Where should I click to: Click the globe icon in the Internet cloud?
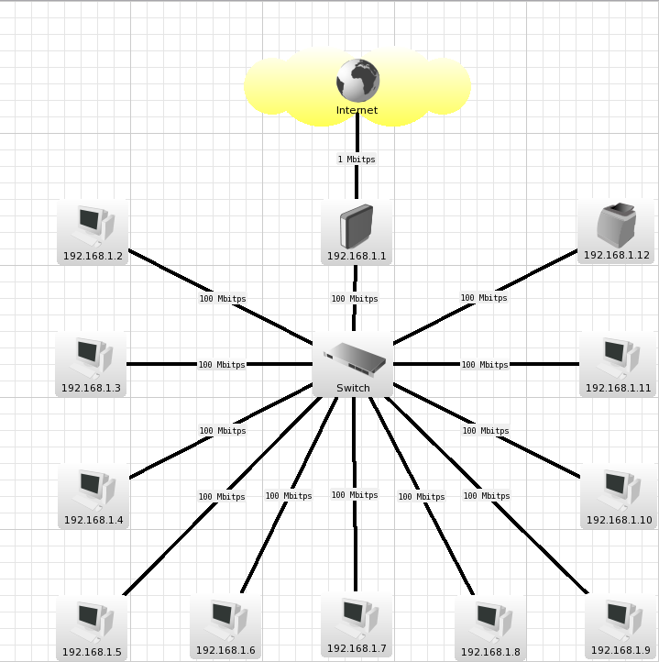357,81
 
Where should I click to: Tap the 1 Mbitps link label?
357,160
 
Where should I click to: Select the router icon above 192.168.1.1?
356,226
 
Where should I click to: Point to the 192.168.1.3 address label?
91,388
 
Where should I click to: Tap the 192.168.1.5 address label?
92,653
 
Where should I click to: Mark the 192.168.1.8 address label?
490,653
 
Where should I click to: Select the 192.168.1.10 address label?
619,520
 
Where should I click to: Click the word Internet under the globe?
357,111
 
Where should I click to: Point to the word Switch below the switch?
354,388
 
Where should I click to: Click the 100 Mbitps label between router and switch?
355,299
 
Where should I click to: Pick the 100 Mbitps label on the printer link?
484,298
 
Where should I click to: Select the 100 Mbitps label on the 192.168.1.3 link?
222,365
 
